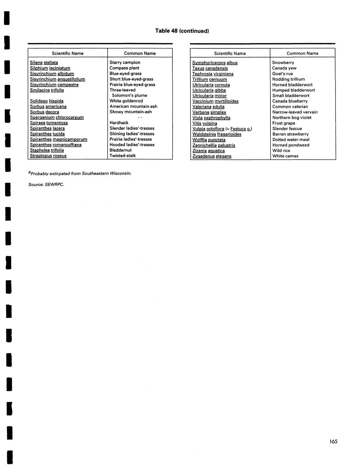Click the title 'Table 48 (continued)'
point(182,31)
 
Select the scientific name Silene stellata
point(44,62)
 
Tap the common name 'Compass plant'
point(124,68)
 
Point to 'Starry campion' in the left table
point(125,62)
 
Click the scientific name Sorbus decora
point(44,112)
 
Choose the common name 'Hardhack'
point(119,123)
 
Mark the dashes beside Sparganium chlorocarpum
point(140,117)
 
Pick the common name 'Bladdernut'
point(120,150)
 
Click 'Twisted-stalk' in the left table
point(123,155)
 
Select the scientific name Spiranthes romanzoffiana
point(56,145)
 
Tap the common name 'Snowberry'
point(283,62)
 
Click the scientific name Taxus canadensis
point(210,68)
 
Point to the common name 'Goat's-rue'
point(282,74)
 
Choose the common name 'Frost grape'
point(284,123)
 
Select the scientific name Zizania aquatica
point(208,150)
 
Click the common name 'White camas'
point(285,156)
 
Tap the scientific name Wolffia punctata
point(209,139)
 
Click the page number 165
point(333,441)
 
